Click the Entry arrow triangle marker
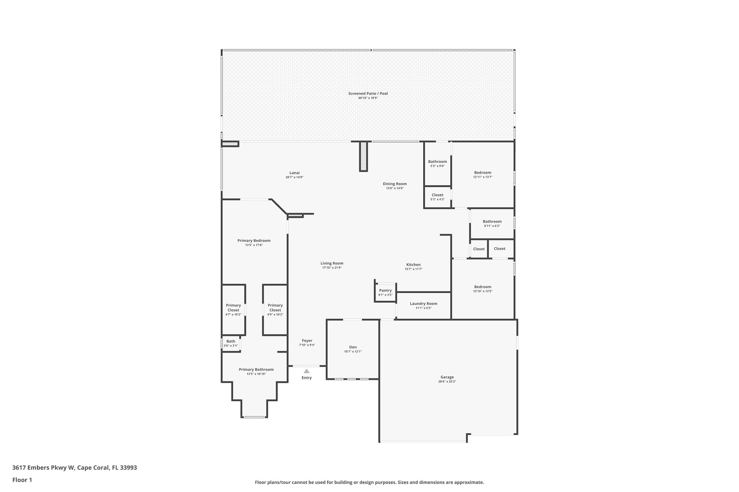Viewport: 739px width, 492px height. point(306,371)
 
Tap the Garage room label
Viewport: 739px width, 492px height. point(447,377)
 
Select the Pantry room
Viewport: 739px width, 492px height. point(385,292)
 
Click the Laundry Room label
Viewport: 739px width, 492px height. point(423,303)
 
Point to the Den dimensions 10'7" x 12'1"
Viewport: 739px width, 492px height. point(353,351)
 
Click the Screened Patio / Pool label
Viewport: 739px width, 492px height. point(368,93)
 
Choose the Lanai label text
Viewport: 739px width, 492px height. point(294,173)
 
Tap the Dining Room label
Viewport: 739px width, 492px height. point(394,184)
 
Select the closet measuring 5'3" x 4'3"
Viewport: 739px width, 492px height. point(437,197)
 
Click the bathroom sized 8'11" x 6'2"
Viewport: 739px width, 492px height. point(492,223)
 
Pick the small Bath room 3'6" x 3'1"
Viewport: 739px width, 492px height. point(231,343)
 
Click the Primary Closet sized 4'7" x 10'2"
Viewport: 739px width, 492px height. point(233,310)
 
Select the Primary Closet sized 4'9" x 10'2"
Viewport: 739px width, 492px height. point(275,310)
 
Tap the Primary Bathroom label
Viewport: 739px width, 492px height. point(256,369)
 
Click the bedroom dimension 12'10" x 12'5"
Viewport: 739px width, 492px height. point(482,291)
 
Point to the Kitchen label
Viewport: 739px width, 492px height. point(413,265)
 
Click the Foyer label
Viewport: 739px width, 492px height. point(307,341)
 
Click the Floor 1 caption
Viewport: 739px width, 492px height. point(22,480)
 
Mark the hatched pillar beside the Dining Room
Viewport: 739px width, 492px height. point(363,156)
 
